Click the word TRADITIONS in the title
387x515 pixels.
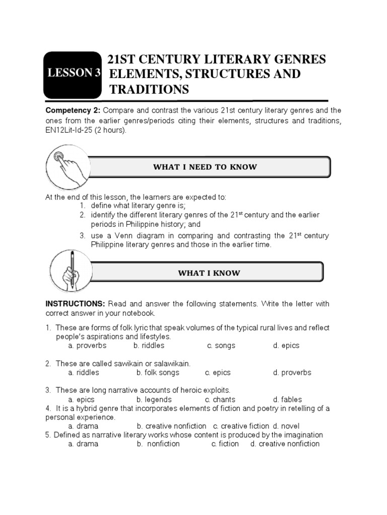(149, 90)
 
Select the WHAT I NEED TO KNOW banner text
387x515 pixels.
(205, 167)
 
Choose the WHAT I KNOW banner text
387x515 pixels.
(209, 273)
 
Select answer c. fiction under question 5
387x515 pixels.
(225, 444)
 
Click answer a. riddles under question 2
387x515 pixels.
(84, 373)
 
